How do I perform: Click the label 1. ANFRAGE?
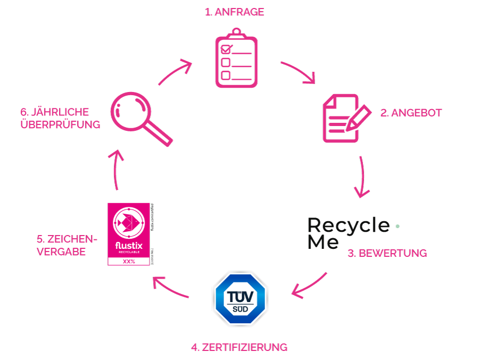[234, 12]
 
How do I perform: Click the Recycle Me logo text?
[349, 233]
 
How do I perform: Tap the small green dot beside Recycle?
[398, 226]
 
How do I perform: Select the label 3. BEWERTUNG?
[387, 253]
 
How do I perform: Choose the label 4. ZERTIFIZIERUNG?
[239, 347]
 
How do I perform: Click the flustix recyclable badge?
[130, 234]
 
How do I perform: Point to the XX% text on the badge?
[129, 262]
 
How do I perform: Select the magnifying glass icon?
[139, 116]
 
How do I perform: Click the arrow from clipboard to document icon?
[299, 72]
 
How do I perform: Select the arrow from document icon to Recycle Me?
[363, 177]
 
